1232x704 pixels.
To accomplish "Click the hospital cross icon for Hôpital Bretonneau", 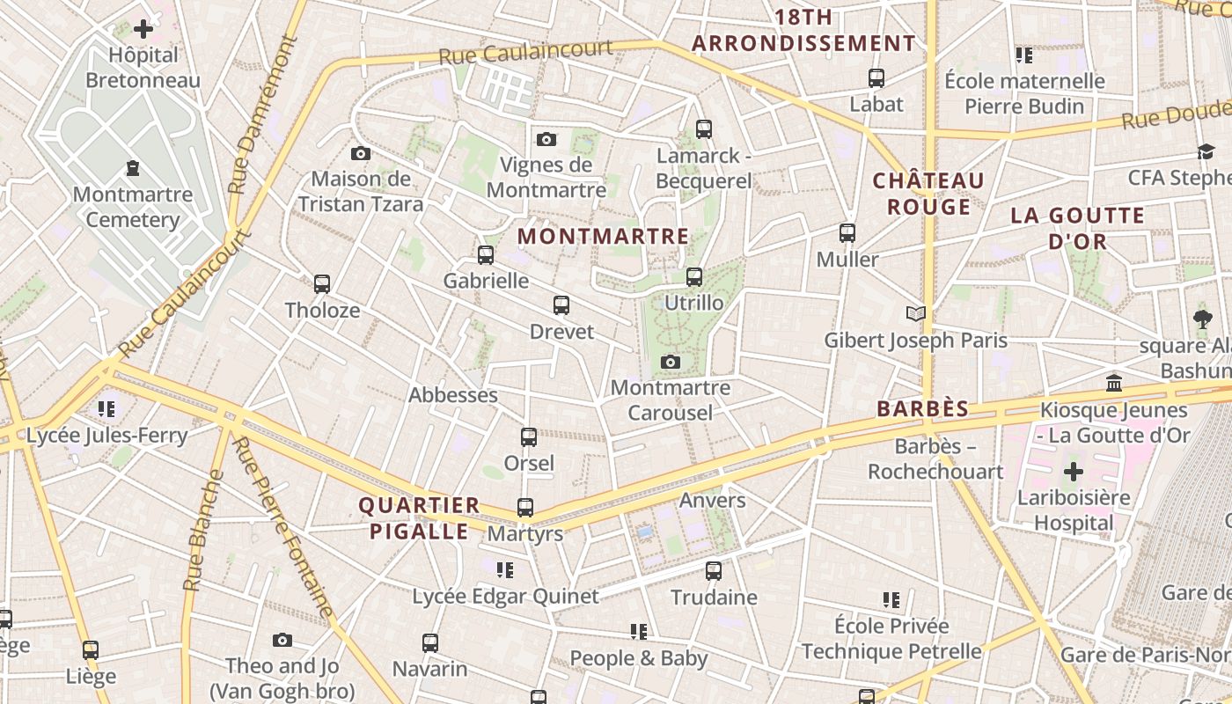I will [143, 30].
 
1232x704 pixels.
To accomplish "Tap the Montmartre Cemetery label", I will [132, 207].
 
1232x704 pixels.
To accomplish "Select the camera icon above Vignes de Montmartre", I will [546, 139].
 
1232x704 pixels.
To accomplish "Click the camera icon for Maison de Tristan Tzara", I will [360, 154].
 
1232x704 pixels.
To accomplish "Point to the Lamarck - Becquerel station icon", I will [704, 129].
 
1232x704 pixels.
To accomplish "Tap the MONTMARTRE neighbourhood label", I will [603, 236].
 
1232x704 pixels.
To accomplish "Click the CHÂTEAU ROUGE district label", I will [928, 194].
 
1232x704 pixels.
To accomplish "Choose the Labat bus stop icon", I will [876, 78].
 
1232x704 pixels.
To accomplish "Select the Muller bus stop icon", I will [847, 233].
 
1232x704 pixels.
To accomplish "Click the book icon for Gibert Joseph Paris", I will [916, 313].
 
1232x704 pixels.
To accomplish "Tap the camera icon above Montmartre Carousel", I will [671, 362].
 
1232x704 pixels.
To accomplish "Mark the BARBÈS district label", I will [922, 408].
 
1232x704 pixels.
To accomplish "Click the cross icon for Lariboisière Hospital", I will [1073, 472].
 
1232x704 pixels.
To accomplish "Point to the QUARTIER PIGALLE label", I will [419, 518].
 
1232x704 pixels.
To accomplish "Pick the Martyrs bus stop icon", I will [525, 508].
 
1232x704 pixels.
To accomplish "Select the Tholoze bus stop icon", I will [322, 284].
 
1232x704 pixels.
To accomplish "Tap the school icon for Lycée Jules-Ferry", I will [106, 409].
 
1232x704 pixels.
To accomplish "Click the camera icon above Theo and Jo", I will [282, 640].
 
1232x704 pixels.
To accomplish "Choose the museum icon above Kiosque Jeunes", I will [1114, 383].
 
